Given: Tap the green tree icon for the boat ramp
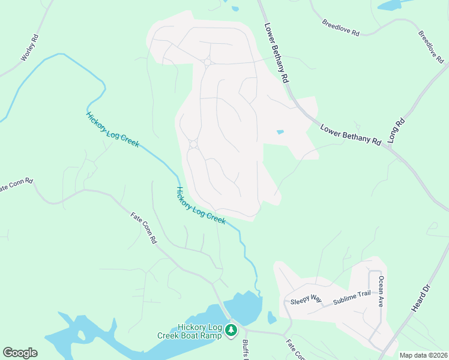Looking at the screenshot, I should pyautogui.click(x=231, y=329).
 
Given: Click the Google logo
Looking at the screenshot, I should pyautogui.click(x=20, y=353).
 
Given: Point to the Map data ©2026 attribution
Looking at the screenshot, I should pyautogui.click(x=423, y=355).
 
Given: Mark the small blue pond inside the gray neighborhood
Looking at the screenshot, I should pyautogui.click(x=280, y=132).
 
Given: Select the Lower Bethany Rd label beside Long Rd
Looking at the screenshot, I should pyautogui.click(x=351, y=135).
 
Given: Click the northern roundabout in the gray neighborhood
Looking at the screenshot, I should pyautogui.click(x=208, y=62).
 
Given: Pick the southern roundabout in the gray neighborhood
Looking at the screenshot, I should pyautogui.click(x=193, y=144).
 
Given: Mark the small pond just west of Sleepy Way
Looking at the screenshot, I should pyautogui.click(x=271, y=317).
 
